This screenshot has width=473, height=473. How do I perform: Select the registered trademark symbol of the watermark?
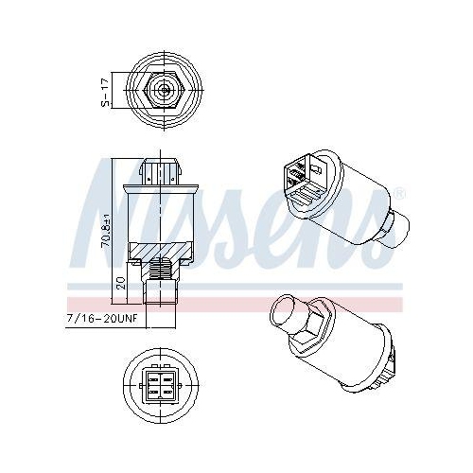point(400,195)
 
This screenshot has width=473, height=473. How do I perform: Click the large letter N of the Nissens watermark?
point(118,203)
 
